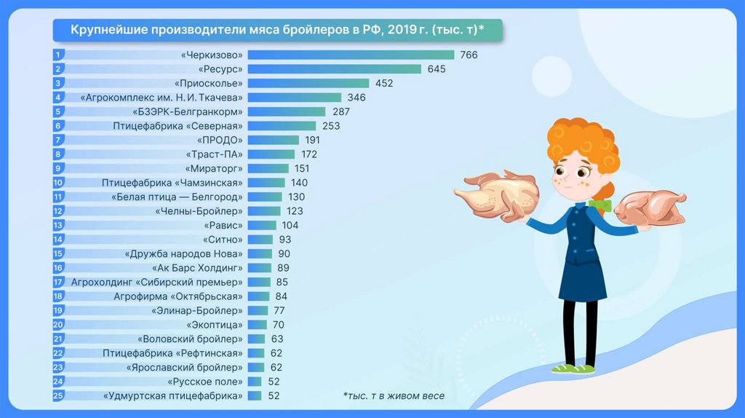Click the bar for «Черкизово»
pos(351,55)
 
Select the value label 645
pos(437,69)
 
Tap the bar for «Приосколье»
pos(308,83)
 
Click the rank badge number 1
pos(58,55)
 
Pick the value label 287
pos(341,111)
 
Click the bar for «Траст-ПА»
pos(271,154)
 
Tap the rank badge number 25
pos(59,395)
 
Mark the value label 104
pos(290,225)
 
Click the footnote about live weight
pos(393,395)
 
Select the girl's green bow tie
pos(600,205)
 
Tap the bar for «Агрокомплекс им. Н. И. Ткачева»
pos(294,98)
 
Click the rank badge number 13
pos(59,225)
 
